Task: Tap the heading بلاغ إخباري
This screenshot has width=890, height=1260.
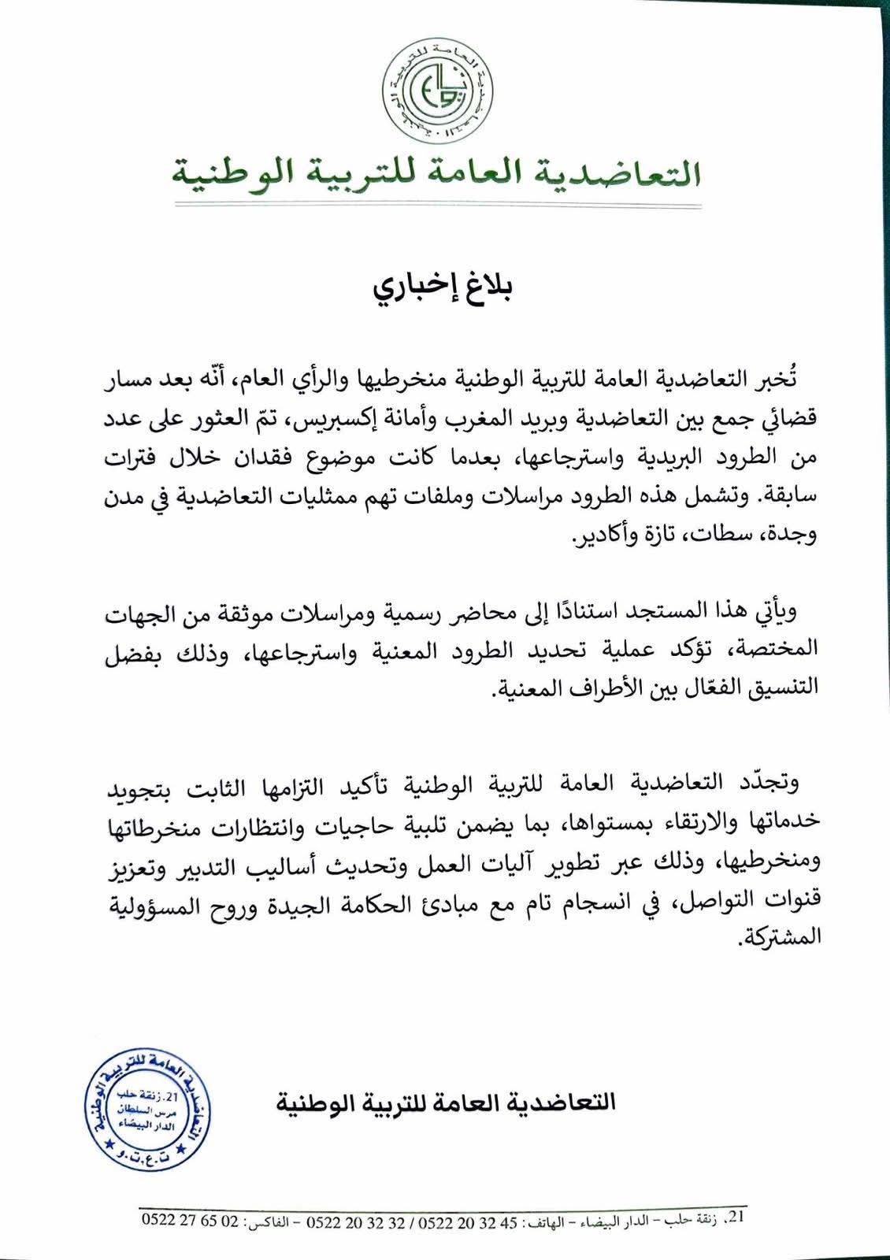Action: point(444,287)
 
